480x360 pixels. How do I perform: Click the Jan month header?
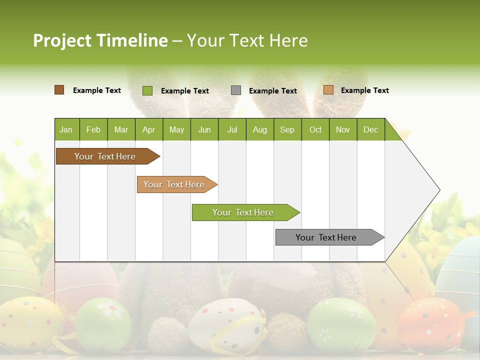66,129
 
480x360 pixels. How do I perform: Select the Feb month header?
93,129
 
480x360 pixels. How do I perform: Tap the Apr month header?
148,129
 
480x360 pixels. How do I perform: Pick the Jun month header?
204,129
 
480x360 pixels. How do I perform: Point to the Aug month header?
259,129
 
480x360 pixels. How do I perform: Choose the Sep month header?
287,129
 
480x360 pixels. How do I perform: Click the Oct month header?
315,129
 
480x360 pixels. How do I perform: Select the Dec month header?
370,129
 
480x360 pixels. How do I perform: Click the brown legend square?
59,90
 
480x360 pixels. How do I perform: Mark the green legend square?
147,90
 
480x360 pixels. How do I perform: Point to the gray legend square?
236,90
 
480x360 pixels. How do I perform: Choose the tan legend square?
328,90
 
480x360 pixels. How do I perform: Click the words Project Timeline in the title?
100,40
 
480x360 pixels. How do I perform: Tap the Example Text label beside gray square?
272,91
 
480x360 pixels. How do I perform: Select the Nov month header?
343,129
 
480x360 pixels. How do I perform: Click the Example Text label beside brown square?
96,90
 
